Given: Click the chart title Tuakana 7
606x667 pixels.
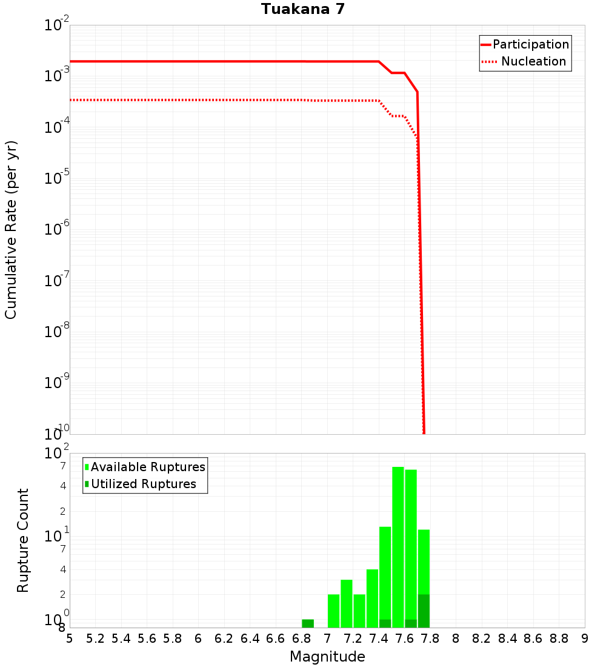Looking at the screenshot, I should click(303, 9).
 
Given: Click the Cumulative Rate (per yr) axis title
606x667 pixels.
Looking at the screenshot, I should click(11, 229).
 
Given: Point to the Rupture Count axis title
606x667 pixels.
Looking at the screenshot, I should click(23, 540).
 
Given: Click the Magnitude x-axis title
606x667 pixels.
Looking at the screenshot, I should click(327, 657).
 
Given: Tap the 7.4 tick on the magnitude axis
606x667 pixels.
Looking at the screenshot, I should click(379, 639).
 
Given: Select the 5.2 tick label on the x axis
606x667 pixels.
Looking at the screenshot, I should click(95, 639).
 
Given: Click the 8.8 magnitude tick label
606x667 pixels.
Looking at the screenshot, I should click(559, 639).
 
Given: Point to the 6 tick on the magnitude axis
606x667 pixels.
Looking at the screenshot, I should click(198, 639).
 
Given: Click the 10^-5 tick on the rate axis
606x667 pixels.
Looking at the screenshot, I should click(58, 178).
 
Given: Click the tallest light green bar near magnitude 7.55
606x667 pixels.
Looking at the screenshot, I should click(398, 546).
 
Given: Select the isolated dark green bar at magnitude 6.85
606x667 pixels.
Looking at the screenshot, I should click(308, 623).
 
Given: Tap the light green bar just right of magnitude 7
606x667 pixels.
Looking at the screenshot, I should click(333, 611).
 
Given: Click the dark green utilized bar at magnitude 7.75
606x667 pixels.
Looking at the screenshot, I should click(424, 611).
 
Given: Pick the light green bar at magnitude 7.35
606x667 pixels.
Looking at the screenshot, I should click(372, 598).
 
